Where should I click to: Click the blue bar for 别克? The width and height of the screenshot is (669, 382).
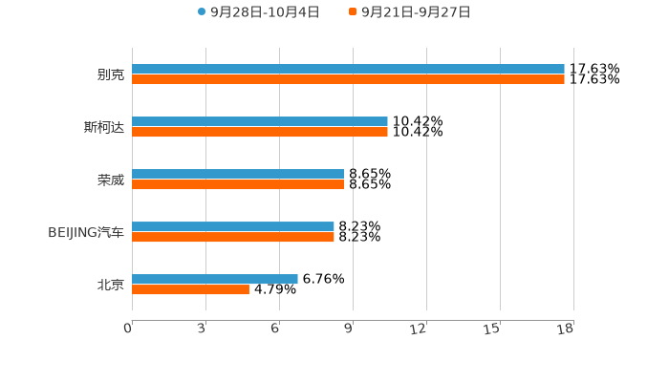[348, 69]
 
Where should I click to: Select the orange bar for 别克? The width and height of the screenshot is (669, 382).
[348, 80]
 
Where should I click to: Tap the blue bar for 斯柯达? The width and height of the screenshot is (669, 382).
[260, 121]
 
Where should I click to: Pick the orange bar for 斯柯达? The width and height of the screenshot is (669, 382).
[260, 133]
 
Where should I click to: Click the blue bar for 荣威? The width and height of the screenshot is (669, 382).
[238, 174]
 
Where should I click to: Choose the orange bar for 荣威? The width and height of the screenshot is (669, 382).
[238, 185]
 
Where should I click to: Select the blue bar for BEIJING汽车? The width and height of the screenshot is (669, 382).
[233, 226]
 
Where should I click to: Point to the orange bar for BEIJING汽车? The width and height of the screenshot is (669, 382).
[233, 238]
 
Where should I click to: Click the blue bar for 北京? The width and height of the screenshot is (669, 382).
[215, 279]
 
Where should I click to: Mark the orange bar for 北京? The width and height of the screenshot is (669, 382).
[190, 290]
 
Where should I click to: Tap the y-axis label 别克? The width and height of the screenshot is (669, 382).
[110, 74]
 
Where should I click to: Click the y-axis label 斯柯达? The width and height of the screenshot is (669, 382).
[103, 127]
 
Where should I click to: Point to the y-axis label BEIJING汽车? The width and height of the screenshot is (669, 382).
[86, 232]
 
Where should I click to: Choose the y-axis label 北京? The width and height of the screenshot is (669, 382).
[110, 285]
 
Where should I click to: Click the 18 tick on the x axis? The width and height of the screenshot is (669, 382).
[566, 329]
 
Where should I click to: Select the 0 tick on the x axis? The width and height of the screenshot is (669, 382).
[128, 329]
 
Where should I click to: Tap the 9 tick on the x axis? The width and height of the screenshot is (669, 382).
[349, 329]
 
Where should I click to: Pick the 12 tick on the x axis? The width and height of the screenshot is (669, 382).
[419, 329]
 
